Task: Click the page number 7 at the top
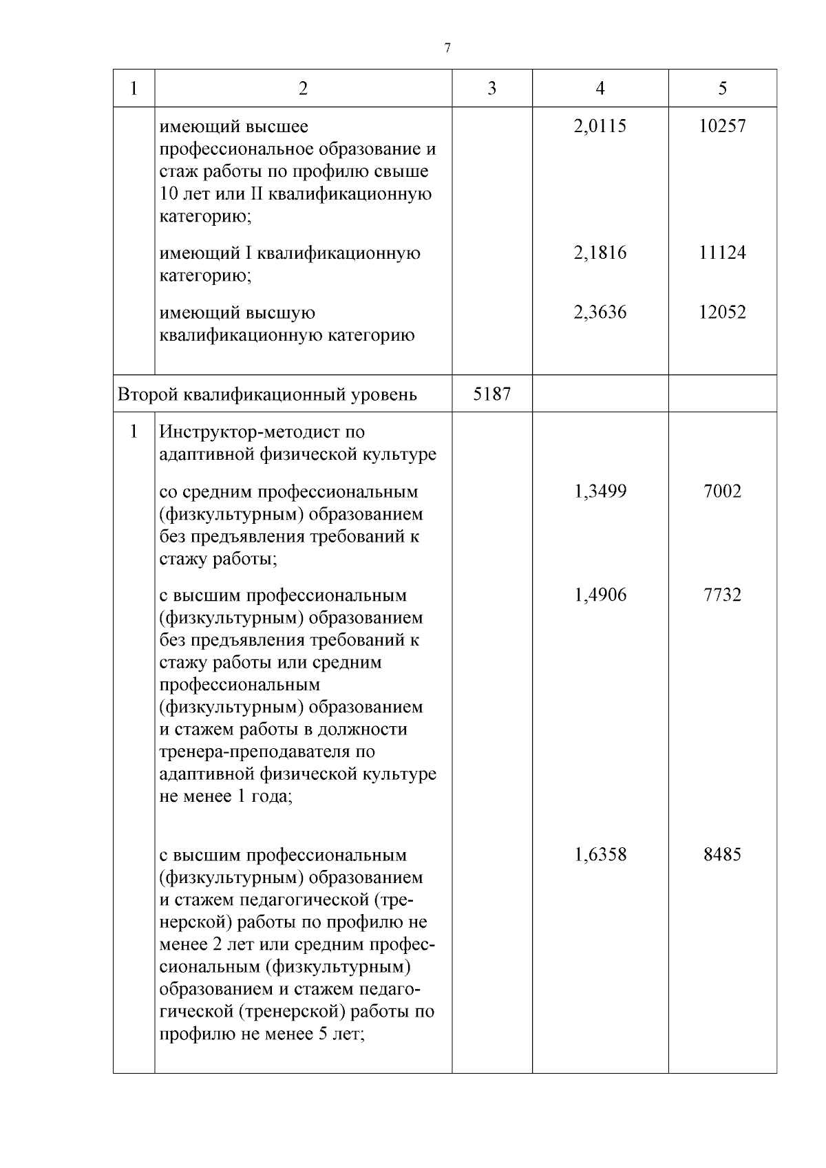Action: pos(447,47)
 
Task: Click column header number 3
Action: pos(491,88)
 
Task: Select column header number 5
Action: pos(722,88)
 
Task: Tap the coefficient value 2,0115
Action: pos(600,127)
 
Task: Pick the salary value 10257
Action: pos(722,127)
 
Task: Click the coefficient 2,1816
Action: pos(600,253)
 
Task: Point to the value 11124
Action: pos(722,253)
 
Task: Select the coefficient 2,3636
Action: pos(600,312)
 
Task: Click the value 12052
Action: pos(722,312)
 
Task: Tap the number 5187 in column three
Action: pos(491,394)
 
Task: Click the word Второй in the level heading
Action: pos(145,395)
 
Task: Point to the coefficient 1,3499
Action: pos(600,492)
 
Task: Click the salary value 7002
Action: pos(722,492)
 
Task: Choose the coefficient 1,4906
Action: pos(600,595)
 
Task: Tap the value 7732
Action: pos(722,595)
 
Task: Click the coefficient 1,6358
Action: pos(600,856)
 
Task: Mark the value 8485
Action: pos(722,856)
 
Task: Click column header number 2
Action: pos(303,88)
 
